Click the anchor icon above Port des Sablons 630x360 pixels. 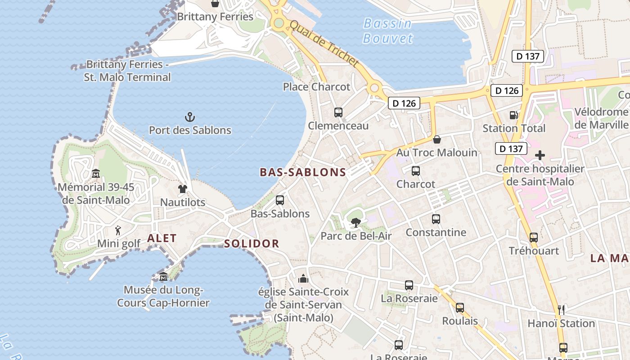[x=190, y=117]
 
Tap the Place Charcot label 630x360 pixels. [x=316, y=87]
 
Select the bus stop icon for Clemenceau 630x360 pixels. [x=338, y=112]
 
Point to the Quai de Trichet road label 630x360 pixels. [x=324, y=44]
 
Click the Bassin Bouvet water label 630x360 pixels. [x=387, y=31]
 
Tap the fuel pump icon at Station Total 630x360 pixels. [x=513, y=115]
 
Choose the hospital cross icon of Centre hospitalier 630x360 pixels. [x=540, y=156]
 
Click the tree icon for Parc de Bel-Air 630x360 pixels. [x=356, y=222]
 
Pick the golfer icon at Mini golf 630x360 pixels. [x=118, y=230]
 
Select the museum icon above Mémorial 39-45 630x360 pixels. [x=96, y=173]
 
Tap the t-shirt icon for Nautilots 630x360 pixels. [x=183, y=189]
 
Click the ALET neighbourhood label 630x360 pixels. [x=162, y=238]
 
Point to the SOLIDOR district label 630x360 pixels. [x=252, y=244]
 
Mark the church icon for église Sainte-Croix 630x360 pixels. [x=304, y=279]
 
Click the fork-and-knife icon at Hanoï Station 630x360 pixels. [x=561, y=310]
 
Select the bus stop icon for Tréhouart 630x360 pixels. [x=534, y=237]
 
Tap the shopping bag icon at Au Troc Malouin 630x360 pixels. [x=436, y=139]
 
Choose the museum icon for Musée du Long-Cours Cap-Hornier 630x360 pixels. [x=163, y=276]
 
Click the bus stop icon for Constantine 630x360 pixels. [x=436, y=219]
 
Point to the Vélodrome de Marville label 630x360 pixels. [x=601, y=118]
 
